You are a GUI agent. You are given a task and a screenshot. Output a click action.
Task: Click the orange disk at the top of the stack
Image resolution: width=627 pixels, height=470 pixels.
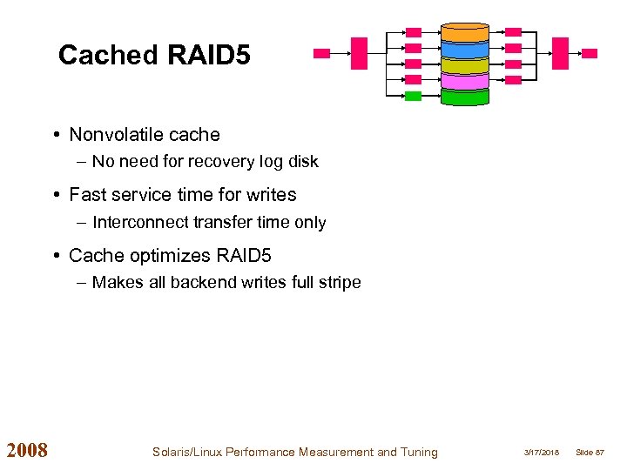464,33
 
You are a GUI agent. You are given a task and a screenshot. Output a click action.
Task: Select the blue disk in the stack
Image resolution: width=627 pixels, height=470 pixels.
464,49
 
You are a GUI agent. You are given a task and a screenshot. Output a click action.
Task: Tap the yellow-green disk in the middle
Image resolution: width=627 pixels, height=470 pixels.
464,64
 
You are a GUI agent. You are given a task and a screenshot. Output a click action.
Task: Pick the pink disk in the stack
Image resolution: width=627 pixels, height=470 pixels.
464,80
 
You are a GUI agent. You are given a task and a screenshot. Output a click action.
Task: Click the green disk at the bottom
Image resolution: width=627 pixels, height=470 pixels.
464,96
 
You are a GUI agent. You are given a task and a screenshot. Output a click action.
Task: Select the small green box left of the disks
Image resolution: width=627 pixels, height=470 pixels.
413,96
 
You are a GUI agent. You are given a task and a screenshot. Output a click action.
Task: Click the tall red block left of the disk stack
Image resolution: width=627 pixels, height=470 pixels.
359,53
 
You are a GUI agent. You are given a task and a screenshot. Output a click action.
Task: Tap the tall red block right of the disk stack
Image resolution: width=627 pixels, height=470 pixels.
561,53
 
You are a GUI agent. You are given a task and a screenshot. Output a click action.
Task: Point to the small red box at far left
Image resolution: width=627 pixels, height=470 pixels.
321,53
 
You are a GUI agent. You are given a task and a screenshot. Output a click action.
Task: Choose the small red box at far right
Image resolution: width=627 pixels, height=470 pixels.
590,53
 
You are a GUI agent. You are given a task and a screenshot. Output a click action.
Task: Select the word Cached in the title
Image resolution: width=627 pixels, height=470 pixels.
107,56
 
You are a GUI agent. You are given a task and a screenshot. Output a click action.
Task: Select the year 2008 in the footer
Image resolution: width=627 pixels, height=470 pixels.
27,451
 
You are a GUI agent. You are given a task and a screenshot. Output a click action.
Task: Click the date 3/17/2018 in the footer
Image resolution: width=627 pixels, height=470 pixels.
542,453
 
